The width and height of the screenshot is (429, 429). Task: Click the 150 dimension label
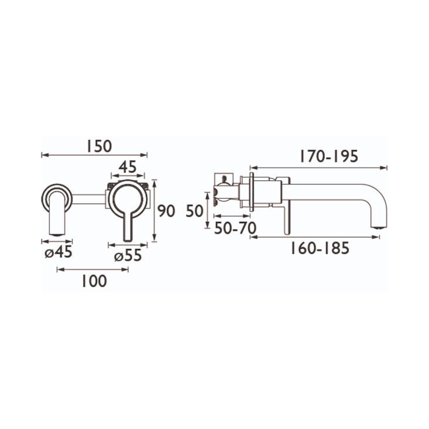(99, 145)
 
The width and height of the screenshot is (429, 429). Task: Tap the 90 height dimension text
(167, 211)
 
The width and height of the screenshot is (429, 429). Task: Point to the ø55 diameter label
(127, 257)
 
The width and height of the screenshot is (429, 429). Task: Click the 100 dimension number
(94, 281)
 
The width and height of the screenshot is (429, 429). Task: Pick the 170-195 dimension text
(328, 157)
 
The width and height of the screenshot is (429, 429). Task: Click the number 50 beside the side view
(193, 211)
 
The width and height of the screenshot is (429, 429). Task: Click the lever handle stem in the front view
(126, 224)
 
